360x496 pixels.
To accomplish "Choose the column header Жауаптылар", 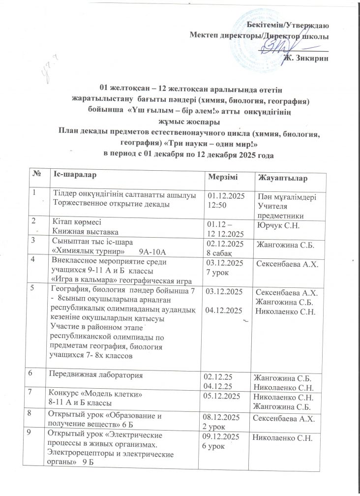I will pyautogui.click(x=281, y=177).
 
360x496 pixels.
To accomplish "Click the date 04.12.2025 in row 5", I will pyautogui.click(x=226, y=311).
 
